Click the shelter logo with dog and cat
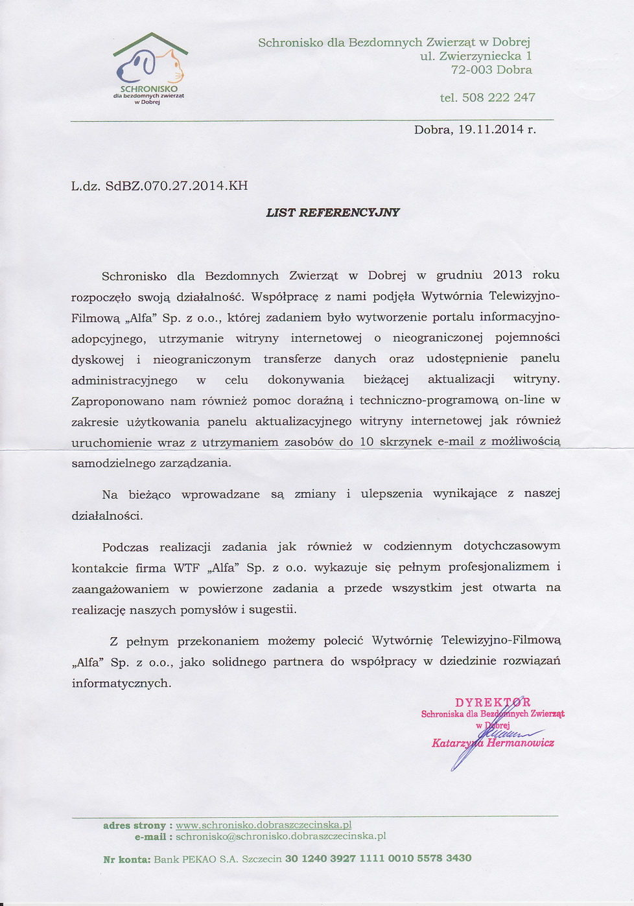pyautogui.click(x=150, y=68)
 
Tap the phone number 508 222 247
pyautogui.click(x=499, y=98)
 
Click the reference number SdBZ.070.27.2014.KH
pyautogui.click(x=176, y=186)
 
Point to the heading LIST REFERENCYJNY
pyautogui.click(x=333, y=213)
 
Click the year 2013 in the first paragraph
pyautogui.click(x=508, y=275)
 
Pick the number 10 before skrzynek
pyautogui.click(x=366, y=442)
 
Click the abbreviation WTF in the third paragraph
pyautogui.click(x=186, y=568)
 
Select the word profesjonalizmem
pyautogui.click(x=499, y=567)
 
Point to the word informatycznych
pyautogui.click(x=121, y=683)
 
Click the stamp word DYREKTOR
pyautogui.click(x=493, y=703)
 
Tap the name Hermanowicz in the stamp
pyautogui.click(x=521, y=743)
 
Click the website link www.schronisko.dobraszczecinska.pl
pyautogui.click(x=263, y=825)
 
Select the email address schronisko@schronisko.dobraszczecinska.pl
pyautogui.click(x=281, y=836)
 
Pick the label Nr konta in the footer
pyautogui.click(x=126, y=859)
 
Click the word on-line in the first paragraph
pyautogui.click(x=524, y=400)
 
